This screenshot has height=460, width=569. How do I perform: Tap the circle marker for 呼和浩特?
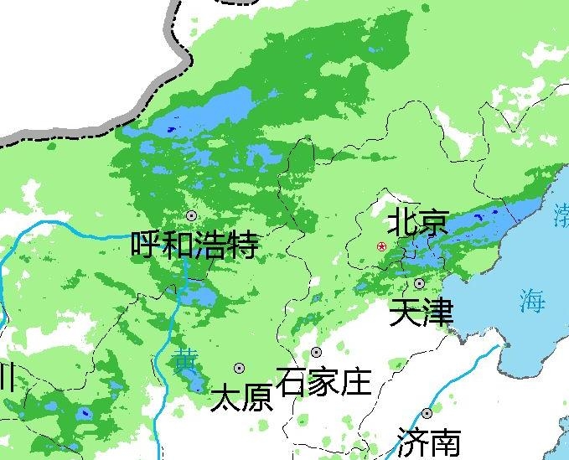point(192,215)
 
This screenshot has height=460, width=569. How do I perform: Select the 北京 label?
point(417,224)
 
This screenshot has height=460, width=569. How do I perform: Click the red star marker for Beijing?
point(382,246)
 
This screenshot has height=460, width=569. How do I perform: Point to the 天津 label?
point(422,313)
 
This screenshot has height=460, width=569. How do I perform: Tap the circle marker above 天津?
point(419,283)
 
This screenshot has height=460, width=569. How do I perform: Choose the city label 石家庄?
point(322,382)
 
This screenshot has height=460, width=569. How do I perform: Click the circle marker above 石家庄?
point(316,352)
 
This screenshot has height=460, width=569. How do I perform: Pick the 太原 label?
point(241,397)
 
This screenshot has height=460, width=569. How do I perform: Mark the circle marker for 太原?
point(239,368)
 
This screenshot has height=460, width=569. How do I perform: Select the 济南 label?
point(428,442)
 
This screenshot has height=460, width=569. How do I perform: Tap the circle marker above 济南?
point(427,413)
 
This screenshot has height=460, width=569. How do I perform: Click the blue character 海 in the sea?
point(531,301)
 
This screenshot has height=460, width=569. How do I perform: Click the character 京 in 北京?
point(432,224)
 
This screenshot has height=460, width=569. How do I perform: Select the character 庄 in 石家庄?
point(354,382)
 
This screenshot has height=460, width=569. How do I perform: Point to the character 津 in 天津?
point(437,313)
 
